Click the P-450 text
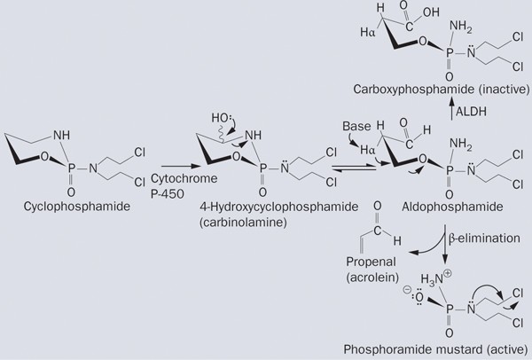pos(176,192)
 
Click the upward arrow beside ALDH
pos(448,111)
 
